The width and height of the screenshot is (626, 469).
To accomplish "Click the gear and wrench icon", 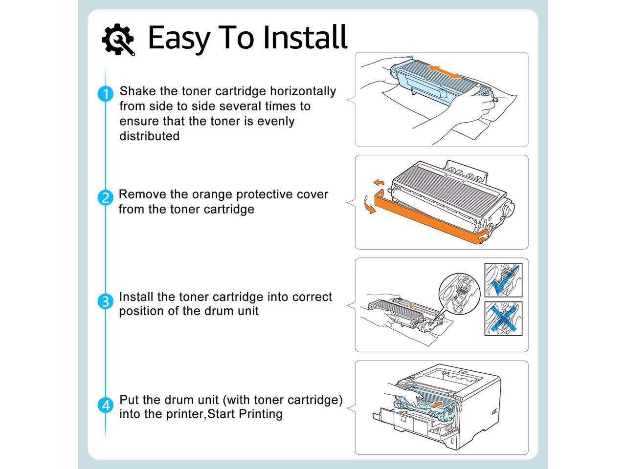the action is click(x=118, y=39).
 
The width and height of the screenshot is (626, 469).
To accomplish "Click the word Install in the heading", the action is click(x=305, y=37).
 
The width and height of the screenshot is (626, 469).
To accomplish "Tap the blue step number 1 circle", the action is click(x=105, y=94).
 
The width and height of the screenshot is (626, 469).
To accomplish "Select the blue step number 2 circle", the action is click(x=105, y=198).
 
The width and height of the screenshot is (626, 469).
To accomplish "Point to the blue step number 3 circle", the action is click(x=105, y=301).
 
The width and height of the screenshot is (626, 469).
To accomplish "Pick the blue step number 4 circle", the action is click(x=105, y=405).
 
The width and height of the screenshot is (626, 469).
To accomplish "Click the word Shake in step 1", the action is click(x=135, y=91).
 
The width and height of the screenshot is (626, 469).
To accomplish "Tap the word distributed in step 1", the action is click(x=149, y=136).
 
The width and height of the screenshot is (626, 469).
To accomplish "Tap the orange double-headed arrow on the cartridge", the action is click(x=444, y=71).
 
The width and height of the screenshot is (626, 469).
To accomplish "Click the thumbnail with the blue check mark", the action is click(x=503, y=280).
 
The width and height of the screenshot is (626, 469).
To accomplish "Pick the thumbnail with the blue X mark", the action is click(x=503, y=319).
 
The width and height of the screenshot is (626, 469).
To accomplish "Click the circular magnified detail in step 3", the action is click(x=460, y=293).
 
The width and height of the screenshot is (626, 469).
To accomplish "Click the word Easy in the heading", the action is click(x=179, y=38).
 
